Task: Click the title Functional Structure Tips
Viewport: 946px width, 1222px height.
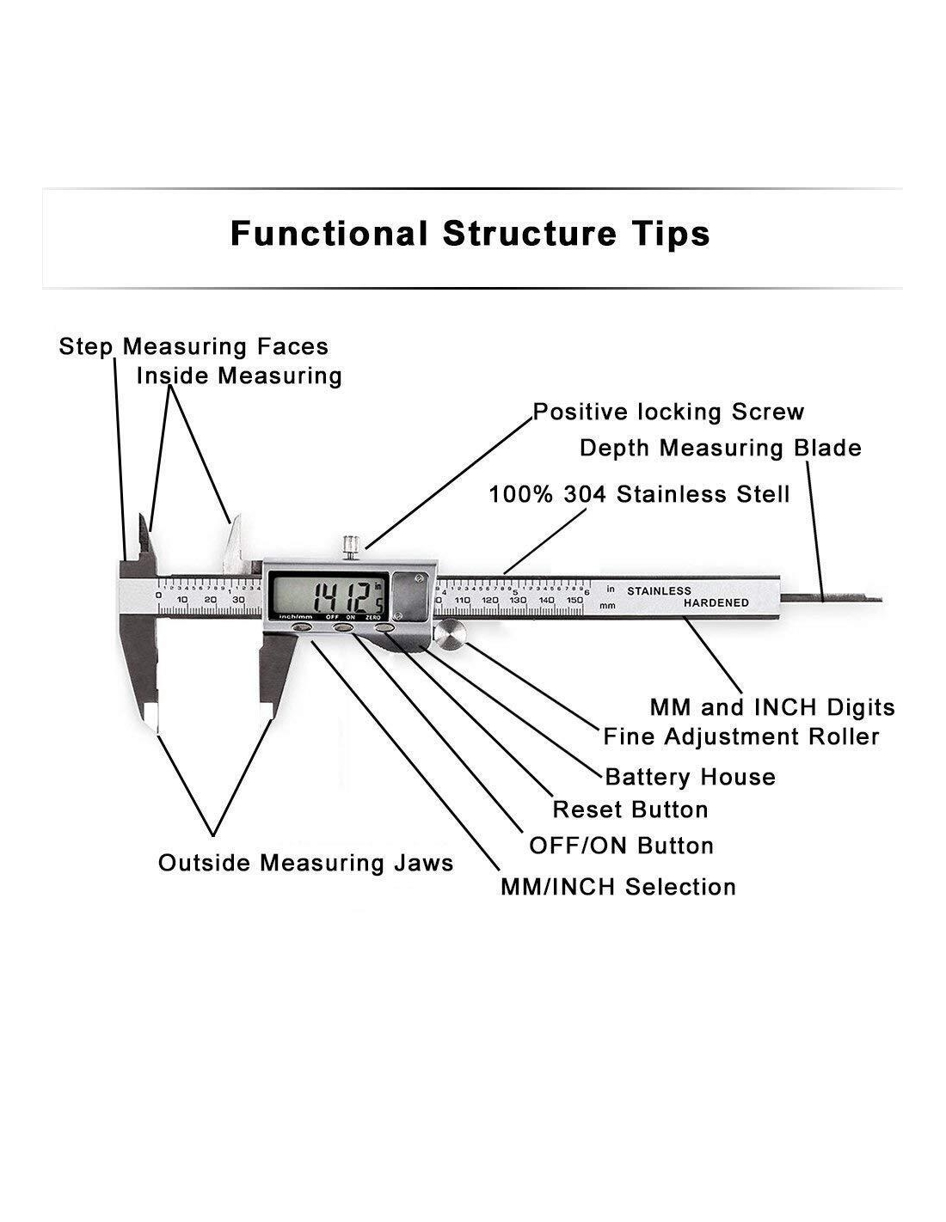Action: point(470,234)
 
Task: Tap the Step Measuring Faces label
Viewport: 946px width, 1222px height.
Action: point(193,346)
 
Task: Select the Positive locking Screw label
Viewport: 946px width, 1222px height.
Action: point(668,412)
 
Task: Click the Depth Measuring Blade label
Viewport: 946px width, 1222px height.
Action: point(720,448)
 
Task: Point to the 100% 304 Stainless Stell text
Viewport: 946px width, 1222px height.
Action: point(639,494)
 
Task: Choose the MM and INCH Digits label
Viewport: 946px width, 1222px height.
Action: point(771,707)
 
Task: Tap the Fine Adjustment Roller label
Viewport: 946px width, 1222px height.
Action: point(740,736)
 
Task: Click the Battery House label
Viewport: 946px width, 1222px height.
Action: point(690,777)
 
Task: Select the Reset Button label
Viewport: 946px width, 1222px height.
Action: point(630,810)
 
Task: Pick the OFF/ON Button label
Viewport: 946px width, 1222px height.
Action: point(621,846)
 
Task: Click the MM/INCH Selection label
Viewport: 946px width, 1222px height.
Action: point(617,887)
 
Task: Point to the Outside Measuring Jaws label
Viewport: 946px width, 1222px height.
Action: point(305,863)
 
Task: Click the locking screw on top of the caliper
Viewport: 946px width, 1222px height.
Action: point(350,547)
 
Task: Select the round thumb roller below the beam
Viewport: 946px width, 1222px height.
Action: point(450,635)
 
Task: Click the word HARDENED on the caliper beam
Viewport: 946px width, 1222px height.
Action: point(716,603)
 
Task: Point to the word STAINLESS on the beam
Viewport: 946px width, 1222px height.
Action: point(659,591)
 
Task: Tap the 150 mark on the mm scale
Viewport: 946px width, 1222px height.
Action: point(574,600)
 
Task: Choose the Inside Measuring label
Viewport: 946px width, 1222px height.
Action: point(239,376)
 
